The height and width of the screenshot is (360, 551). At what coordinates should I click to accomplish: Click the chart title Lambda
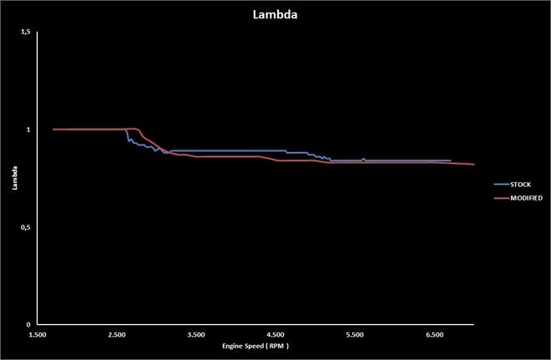275,14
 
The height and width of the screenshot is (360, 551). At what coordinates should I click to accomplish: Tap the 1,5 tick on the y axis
25,32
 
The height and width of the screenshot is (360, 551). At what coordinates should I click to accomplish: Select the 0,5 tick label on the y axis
25,227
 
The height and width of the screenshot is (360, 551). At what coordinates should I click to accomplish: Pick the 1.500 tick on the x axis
38,334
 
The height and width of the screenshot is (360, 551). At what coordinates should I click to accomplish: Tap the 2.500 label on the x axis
117,334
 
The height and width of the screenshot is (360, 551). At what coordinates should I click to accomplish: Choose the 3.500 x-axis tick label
196,334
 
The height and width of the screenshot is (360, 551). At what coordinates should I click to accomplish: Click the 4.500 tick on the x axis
275,334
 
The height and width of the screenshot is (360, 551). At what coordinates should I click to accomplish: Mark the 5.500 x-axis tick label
355,334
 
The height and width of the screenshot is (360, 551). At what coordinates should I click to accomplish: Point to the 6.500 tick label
434,334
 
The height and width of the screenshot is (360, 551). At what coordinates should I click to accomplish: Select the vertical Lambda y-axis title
14,178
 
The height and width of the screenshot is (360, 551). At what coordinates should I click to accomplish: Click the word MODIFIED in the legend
524,198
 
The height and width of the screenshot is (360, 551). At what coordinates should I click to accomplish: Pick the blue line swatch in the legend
500,182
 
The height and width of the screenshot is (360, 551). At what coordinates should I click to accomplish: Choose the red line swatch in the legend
500,198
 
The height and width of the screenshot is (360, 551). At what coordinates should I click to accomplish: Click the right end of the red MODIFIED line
473,165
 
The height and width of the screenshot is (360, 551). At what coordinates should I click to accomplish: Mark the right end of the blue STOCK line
450,160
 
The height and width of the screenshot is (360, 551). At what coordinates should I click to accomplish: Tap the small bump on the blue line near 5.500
363,159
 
